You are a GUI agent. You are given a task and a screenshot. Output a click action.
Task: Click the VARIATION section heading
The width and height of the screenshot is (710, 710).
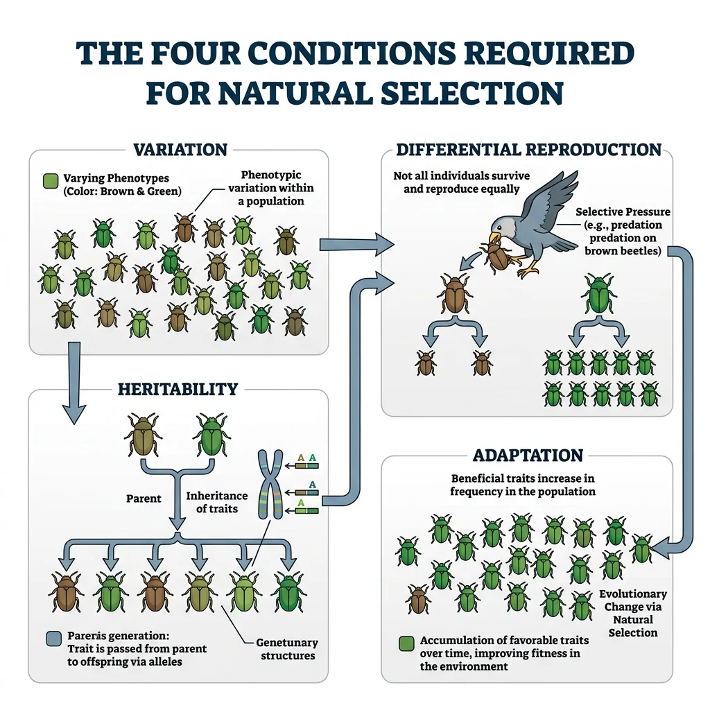click(179, 150)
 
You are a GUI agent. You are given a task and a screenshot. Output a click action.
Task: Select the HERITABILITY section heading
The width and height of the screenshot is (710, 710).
click(179, 389)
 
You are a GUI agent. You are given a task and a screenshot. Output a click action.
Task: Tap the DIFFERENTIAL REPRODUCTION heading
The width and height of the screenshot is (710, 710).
click(528, 150)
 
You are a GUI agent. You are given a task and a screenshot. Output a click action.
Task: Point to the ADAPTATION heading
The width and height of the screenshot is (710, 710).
click(528, 456)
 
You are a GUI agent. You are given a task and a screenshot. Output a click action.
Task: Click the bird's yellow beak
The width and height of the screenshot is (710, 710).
click(495, 238)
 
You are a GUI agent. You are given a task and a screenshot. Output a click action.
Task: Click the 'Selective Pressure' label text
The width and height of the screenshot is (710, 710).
click(623, 211)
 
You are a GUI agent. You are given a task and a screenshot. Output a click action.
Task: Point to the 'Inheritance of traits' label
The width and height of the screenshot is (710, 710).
click(216, 502)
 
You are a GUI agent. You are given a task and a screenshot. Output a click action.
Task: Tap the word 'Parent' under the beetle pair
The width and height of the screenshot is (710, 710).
click(144, 498)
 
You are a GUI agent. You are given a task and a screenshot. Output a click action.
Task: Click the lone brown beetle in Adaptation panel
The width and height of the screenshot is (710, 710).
click(418, 599)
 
